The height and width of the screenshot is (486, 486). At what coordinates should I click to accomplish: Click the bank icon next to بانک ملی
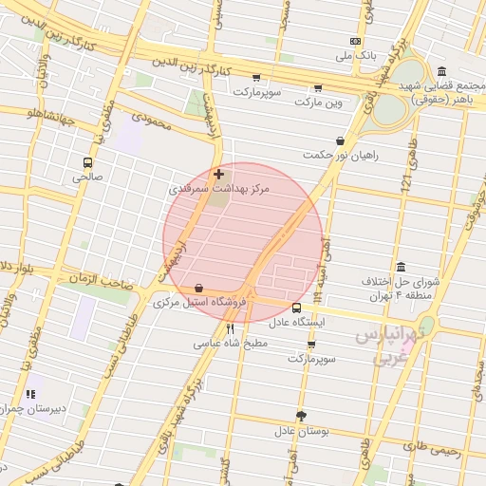pyautogui.click(x=355, y=42)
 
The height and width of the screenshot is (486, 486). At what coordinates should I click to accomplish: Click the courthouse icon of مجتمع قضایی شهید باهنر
pyautogui.click(x=442, y=72)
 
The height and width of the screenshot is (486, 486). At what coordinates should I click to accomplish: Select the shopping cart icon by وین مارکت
pyautogui.click(x=317, y=87)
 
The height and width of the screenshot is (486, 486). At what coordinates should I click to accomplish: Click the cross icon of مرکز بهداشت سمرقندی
pyautogui.click(x=219, y=175)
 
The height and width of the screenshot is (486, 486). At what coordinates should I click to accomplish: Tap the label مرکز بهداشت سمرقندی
pyautogui.click(x=219, y=190)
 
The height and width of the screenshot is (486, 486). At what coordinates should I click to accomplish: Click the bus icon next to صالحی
pyautogui.click(x=88, y=162)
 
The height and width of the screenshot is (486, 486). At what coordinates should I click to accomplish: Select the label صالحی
pyautogui.click(x=88, y=177)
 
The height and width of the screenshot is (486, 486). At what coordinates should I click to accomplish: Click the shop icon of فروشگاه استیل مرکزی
pyautogui.click(x=197, y=288)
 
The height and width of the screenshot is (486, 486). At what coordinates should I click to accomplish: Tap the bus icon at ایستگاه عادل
pyautogui.click(x=297, y=308)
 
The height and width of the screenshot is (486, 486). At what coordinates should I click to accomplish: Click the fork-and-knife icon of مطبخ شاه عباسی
pyautogui.click(x=230, y=328)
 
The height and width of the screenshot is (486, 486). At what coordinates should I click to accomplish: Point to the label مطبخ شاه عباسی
pyautogui.click(x=230, y=344)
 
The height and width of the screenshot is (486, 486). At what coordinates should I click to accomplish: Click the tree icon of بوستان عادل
pyautogui.click(x=302, y=416)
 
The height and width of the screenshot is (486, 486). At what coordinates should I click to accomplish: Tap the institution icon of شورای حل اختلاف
pyautogui.click(x=401, y=266)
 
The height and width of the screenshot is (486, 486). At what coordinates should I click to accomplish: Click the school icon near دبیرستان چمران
pyautogui.click(x=31, y=393)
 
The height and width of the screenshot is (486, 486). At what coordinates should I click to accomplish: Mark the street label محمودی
pyautogui.click(x=148, y=121)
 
